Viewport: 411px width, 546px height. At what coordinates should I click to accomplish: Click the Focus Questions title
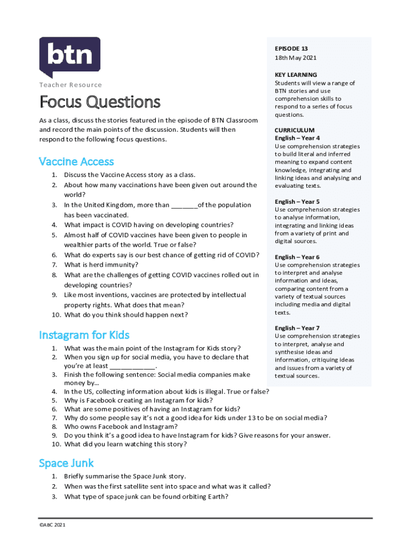pos(99,101)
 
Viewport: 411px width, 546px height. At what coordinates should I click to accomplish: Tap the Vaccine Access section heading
pos(76,162)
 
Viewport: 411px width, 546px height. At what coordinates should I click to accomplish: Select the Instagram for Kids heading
pos(84,335)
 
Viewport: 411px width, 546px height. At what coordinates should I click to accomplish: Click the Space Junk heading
pos(66,463)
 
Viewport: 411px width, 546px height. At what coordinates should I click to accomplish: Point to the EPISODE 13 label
pos(291,49)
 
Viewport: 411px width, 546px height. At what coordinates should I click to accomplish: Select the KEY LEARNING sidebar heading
pos(296,75)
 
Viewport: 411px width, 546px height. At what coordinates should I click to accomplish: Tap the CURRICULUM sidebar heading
pos(295,130)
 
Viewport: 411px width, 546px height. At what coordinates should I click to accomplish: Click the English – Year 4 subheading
pos(297,138)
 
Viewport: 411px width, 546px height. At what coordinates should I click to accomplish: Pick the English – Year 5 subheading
pos(297,202)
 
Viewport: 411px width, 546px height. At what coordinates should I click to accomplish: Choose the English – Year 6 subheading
pos(297,257)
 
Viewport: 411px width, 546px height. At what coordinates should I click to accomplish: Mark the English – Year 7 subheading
pos(297,328)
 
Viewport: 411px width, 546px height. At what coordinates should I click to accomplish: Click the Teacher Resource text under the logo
pos(70,85)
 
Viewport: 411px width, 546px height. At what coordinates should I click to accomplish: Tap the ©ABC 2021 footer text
pos(52,525)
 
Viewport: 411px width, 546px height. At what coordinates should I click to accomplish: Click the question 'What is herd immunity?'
pos(101,265)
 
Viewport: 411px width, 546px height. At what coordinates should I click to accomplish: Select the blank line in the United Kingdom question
pos(184,205)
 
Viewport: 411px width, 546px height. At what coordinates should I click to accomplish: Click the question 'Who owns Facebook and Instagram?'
pos(121,427)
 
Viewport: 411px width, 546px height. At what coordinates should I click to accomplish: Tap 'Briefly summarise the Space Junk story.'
pos(125,476)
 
